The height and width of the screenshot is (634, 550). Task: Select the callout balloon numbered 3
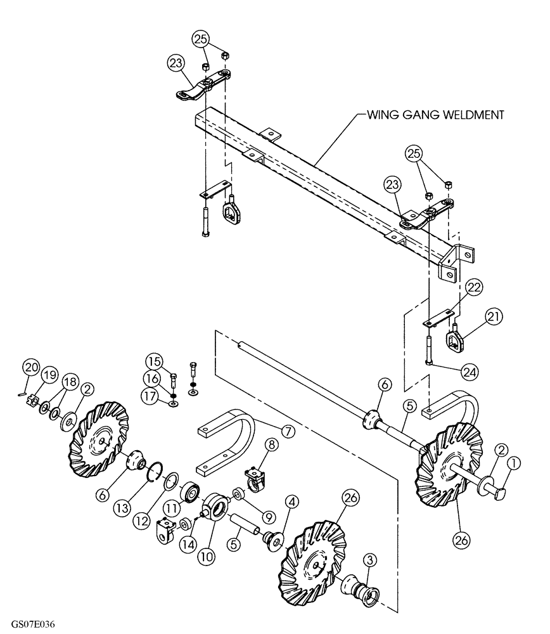pos(370,559)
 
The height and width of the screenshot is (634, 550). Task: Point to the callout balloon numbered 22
pos(475,287)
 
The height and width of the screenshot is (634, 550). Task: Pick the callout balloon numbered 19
pos(48,375)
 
